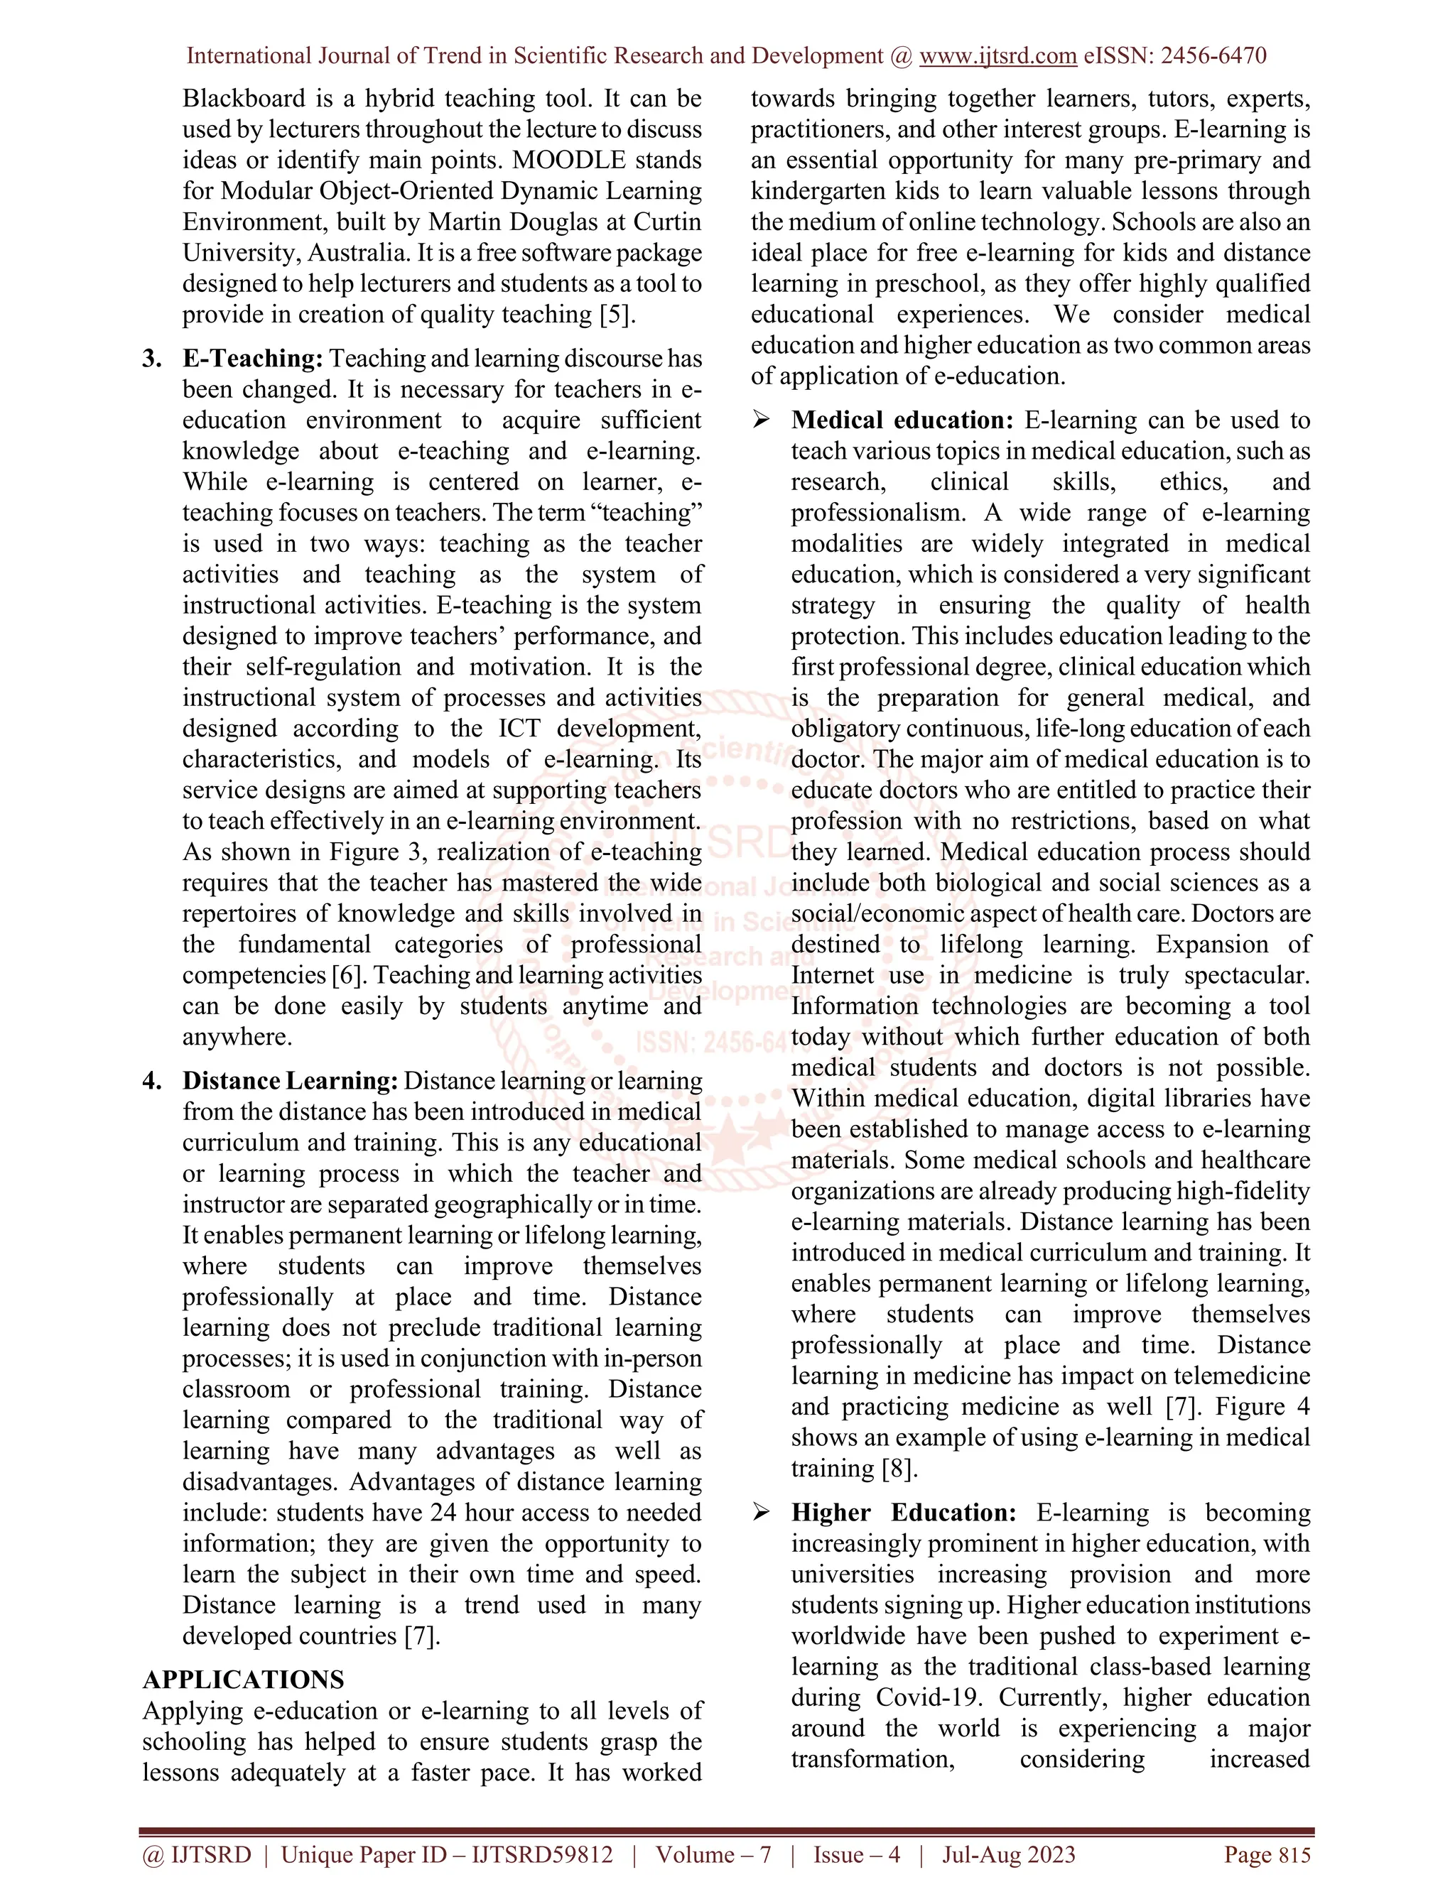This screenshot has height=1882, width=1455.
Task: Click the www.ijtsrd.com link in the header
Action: [997, 56]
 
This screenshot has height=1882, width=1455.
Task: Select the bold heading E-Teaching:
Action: [252, 359]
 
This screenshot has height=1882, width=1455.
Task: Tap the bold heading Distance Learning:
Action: [290, 1081]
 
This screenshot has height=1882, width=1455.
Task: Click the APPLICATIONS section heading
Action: [243, 1680]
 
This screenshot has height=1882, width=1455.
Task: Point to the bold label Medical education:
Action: [902, 420]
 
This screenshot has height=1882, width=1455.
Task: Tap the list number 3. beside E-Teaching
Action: [153, 359]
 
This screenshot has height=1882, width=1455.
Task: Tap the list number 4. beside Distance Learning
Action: [153, 1081]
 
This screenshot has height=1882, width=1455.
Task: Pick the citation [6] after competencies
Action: [348, 976]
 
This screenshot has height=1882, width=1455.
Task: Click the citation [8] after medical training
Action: [899, 1469]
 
